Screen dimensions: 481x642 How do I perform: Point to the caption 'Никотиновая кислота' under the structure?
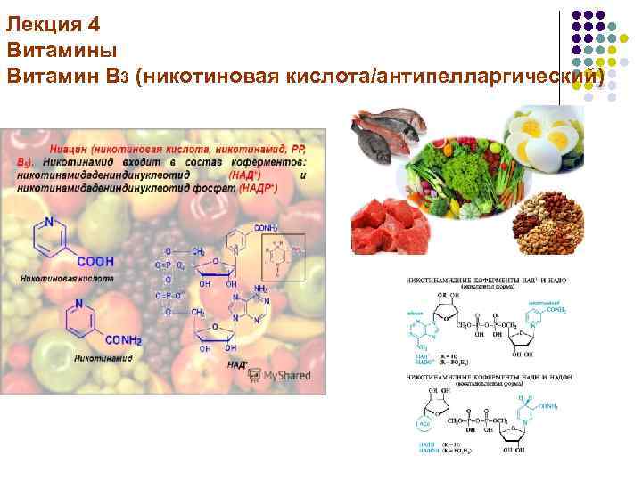point(60,278)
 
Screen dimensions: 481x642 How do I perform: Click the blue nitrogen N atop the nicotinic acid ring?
point(51,223)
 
